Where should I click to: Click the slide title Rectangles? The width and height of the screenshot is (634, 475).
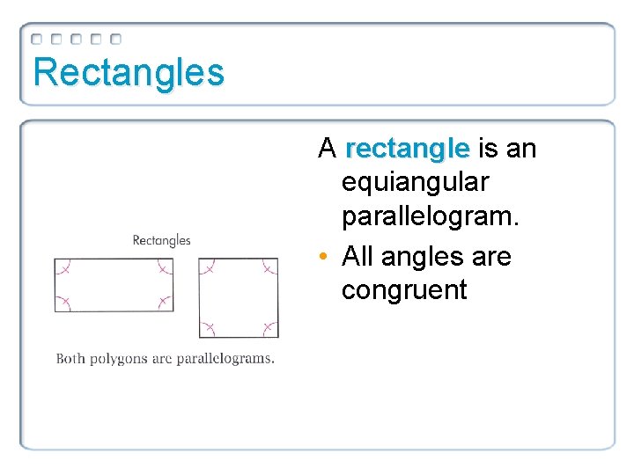[129, 72]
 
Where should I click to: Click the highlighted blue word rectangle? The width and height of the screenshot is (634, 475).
[408, 149]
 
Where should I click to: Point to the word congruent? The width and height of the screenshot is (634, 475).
[404, 290]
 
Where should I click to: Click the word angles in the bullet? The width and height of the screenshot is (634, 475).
[424, 257]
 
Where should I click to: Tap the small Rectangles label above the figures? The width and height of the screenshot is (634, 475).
[161, 240]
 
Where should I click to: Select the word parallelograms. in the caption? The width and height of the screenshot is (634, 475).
[225, 359]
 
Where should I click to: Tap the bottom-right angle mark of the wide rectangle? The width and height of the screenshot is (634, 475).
[165, 303]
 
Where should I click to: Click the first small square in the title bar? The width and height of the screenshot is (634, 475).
[36, 40]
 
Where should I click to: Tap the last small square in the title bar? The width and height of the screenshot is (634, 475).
[116, 40]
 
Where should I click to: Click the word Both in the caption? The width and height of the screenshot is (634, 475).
[70, 359]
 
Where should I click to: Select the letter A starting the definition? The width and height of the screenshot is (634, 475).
[327, 149]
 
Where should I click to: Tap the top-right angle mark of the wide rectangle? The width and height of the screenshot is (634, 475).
[165, 266]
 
